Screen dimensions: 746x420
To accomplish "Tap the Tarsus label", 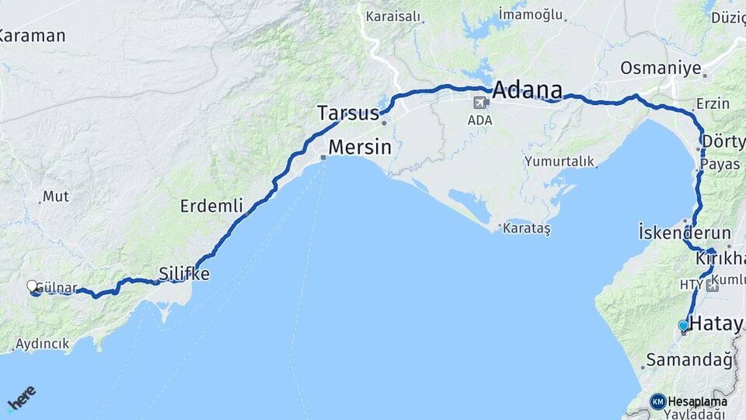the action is click(347, 113).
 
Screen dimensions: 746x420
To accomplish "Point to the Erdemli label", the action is click(211, 206).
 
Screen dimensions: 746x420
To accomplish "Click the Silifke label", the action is click(184, 273).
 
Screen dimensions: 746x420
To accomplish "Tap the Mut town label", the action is click(55, 196).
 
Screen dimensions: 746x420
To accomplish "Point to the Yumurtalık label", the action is click(559, 162).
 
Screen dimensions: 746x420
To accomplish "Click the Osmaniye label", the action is click(661, 68).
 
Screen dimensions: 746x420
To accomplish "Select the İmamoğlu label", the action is click(530, 13).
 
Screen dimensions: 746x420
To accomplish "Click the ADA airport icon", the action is click(482, 102).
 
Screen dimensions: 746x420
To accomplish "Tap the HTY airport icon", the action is click(713, 285).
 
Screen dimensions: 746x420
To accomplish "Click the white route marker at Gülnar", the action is click(33, 286).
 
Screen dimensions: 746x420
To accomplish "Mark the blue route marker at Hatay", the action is click(683, 325).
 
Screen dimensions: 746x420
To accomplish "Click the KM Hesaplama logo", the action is click(688, 401).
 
